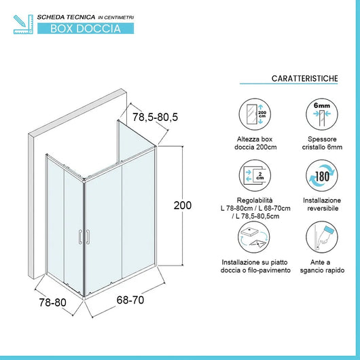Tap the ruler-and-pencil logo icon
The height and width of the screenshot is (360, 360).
pyautogui.click(x=22, y=22)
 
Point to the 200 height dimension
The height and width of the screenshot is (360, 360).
pyautogui.click(x=183, y=205)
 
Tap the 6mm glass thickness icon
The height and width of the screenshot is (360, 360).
pyautogui.click(x=319, y=112)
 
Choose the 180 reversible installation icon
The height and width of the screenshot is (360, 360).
pyautogui.click(x=319, y=175)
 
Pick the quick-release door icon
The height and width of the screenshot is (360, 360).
pyautogui.click(x=319, y=239)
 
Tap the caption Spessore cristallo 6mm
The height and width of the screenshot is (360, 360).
pyautogui.click(x=319, y=143)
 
